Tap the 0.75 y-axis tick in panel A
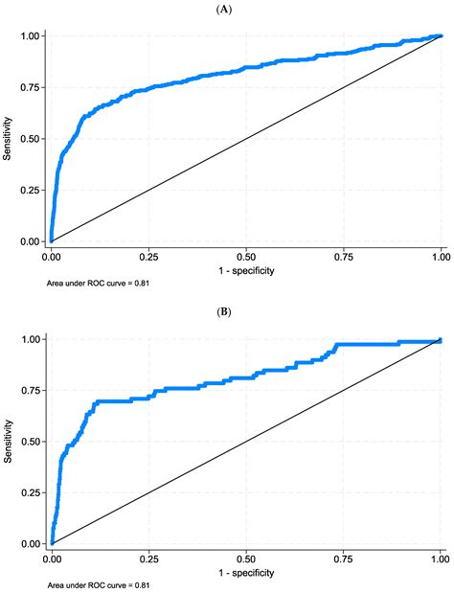29,87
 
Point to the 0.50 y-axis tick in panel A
29,139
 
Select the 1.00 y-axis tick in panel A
29,36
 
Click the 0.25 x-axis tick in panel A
148,258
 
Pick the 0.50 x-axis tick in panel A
245,258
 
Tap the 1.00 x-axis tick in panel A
440,258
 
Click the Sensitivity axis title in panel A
8,138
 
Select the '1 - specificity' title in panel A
245,271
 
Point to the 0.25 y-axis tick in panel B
29,492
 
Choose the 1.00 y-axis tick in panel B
29,339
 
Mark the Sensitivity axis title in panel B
8,441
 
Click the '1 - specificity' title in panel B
245,573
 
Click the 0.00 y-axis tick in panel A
29,241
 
